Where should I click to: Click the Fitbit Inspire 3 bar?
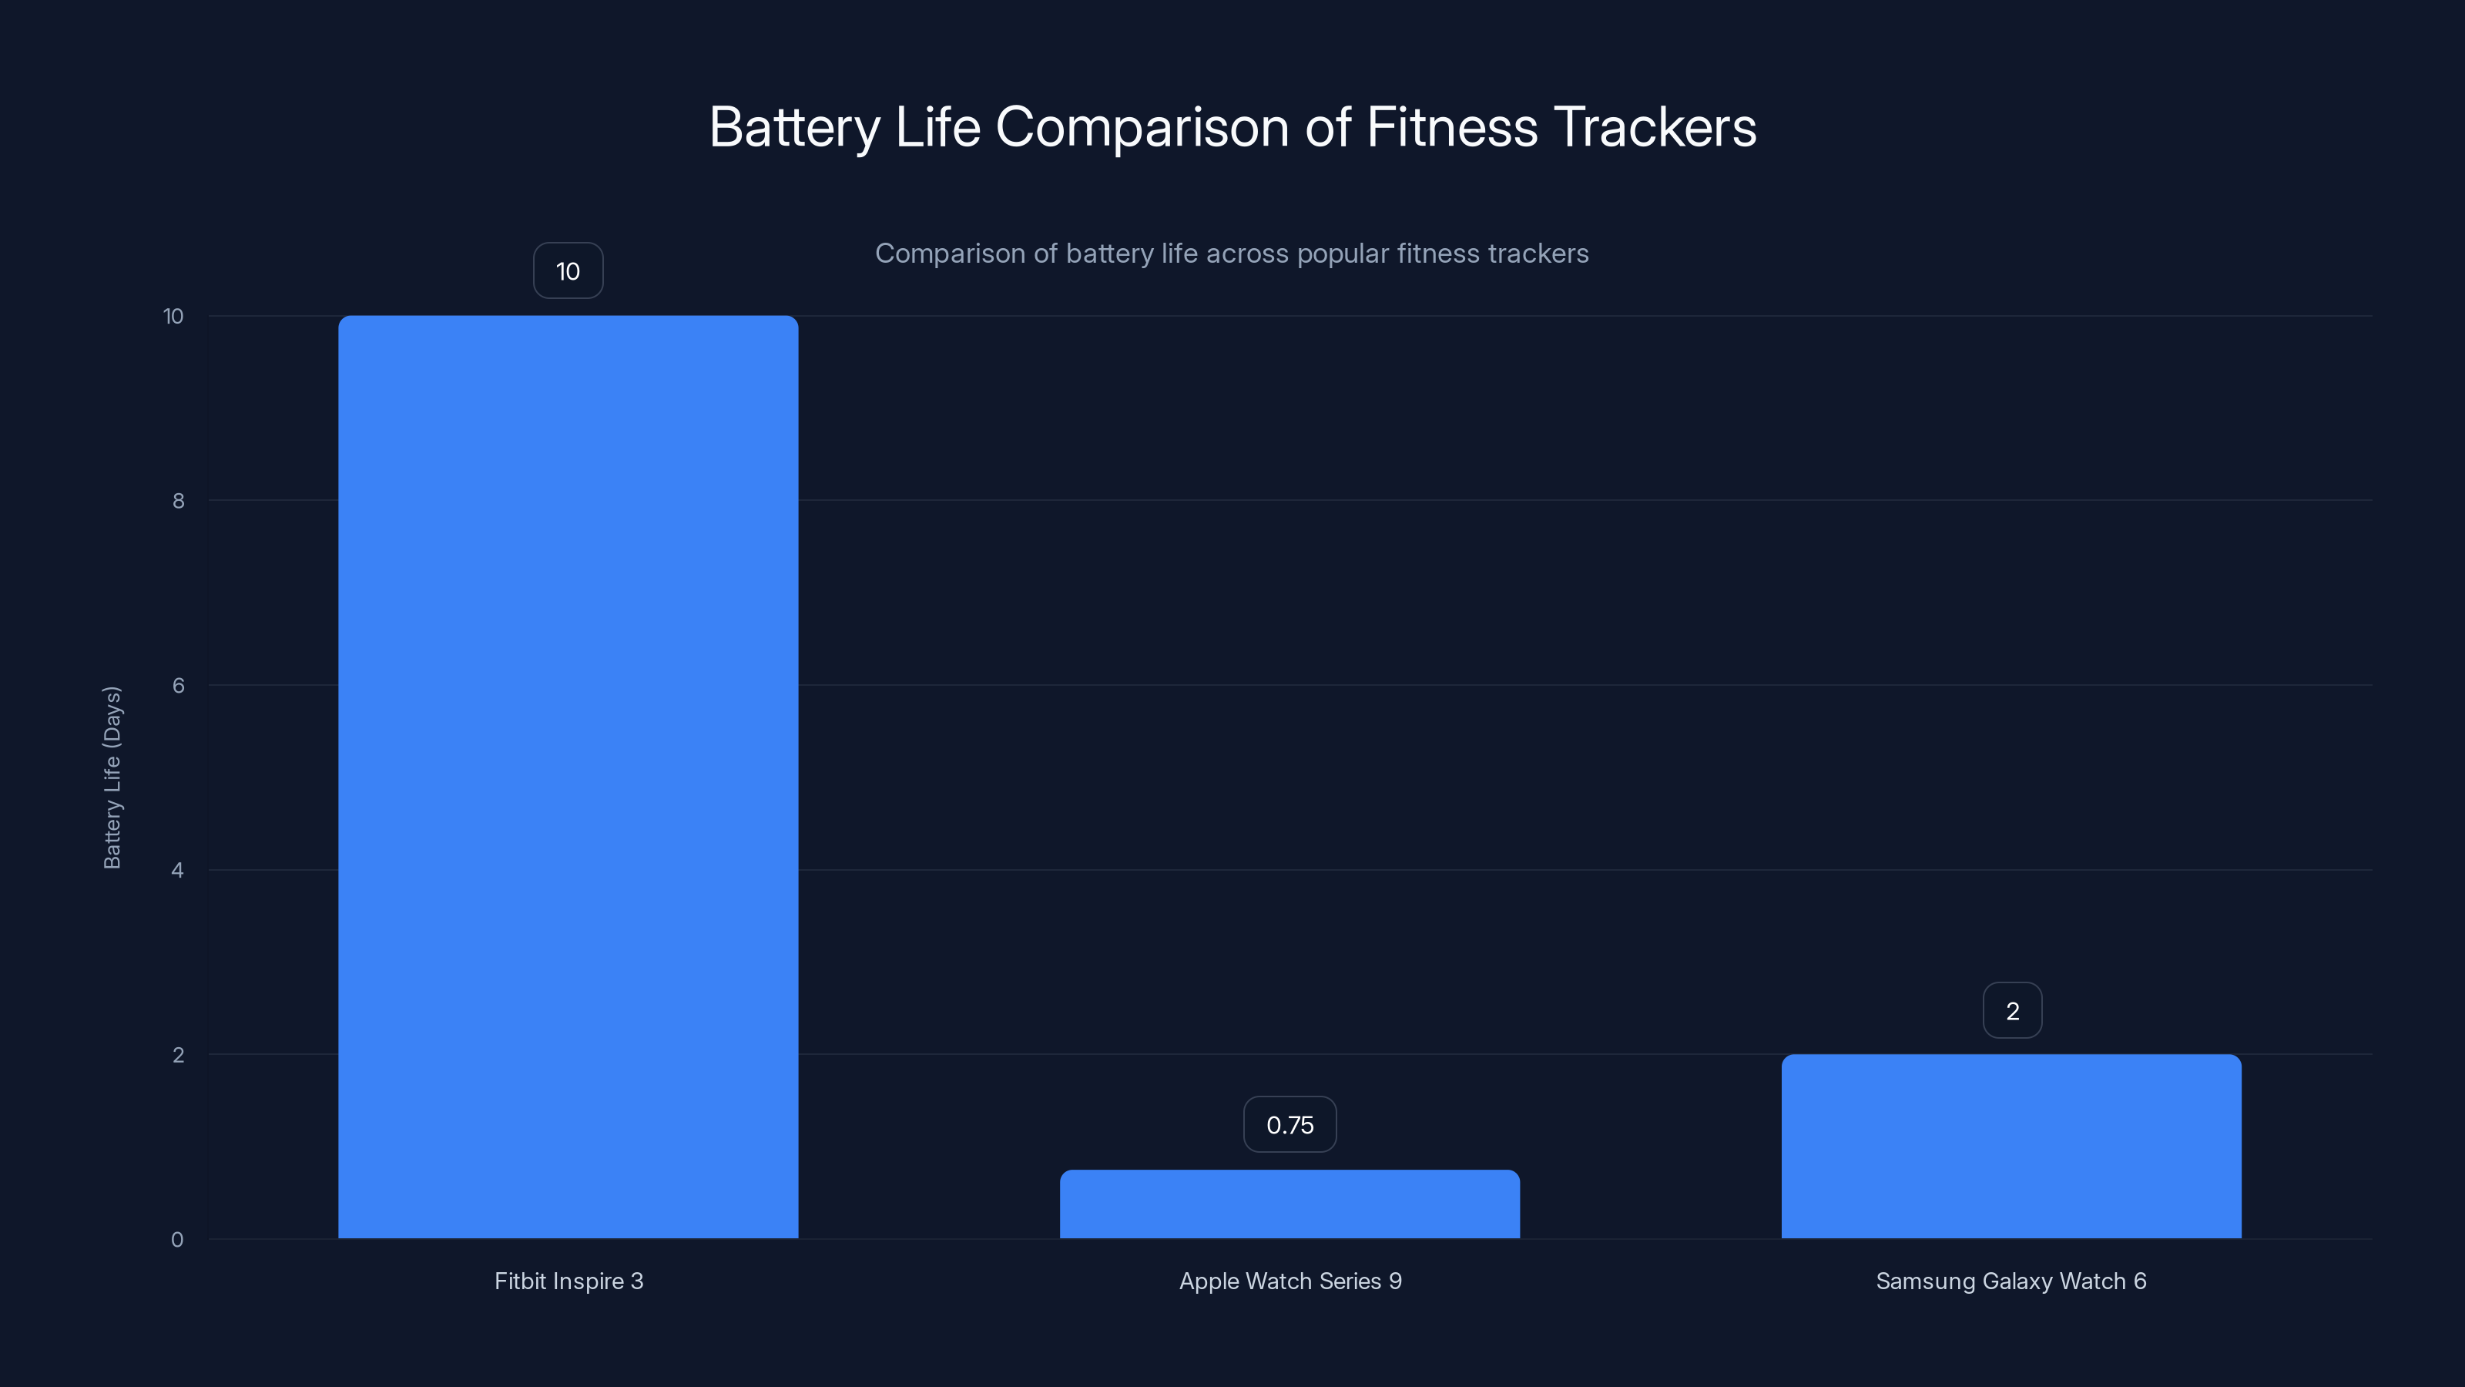coord(568,775)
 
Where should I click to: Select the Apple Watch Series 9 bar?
coord(1289,1204)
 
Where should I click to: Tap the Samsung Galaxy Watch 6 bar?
coord(2011,1146)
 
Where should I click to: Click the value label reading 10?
coord(568,271)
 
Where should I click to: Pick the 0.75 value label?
coord(1289,1125)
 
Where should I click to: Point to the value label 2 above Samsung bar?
coord(2011,1011)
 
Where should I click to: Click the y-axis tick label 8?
coord(178,501)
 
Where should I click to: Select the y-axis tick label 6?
coord(178,685)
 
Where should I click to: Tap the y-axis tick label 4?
coord(177,870)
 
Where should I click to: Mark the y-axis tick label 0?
coord(177,1240)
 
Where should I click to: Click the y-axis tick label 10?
coord(173,316)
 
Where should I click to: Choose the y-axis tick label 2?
coord(178,1055)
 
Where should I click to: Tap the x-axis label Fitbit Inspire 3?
coord(568,1281)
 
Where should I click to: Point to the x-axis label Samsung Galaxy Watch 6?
coord(2011,1281)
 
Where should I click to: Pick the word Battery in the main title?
coord(794,127)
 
